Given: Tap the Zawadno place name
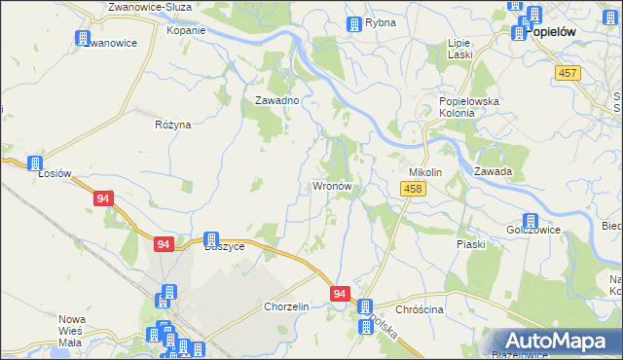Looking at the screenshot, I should (276, 100).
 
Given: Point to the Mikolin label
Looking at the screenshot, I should (425, 172).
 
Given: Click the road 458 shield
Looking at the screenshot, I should (412, 190).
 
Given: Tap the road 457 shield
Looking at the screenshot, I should (568, 74).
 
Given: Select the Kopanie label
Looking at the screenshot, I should (186, 30).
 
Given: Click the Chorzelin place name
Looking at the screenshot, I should (286, 306).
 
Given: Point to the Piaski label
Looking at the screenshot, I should (471, 244).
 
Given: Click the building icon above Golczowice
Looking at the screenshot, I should (531, 222).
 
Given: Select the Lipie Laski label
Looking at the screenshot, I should (459, 49).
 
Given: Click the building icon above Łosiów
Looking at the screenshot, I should (35, 163).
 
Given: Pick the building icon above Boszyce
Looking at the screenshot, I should (210, 238).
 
